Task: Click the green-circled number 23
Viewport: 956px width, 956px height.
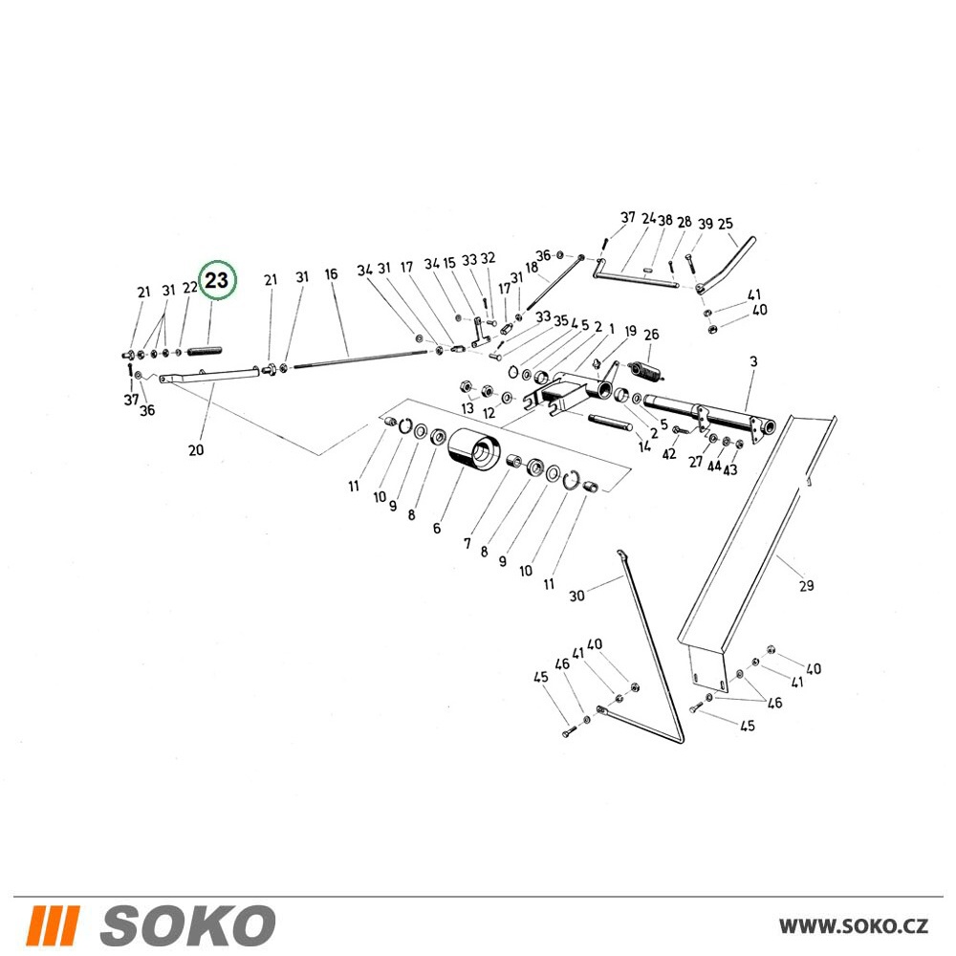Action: coord(217,280)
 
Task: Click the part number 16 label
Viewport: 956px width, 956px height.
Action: coord(331,274)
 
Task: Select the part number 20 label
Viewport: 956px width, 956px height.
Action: coord(196,450)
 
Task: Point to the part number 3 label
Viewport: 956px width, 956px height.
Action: coord(753,361)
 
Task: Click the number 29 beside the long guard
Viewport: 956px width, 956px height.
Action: coord(806,586)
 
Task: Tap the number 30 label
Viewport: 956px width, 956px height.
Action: coord(576,596)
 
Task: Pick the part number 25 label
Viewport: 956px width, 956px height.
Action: coord(725,225)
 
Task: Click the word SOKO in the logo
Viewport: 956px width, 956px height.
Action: coord(187,925)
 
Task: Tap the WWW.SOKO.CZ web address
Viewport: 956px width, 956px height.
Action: coord(854,926)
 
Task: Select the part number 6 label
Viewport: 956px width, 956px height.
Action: coord(437,529)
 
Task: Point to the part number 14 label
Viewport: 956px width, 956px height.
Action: coord(644,446)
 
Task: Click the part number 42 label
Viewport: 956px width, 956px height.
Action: coord(669,454)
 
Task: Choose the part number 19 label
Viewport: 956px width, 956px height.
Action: coord(630,331)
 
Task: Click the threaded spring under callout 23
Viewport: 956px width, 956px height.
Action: coord(205,351)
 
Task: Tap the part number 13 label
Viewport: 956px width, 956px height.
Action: coord(467,408)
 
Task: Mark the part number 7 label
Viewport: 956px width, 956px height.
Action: coord(467,543)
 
